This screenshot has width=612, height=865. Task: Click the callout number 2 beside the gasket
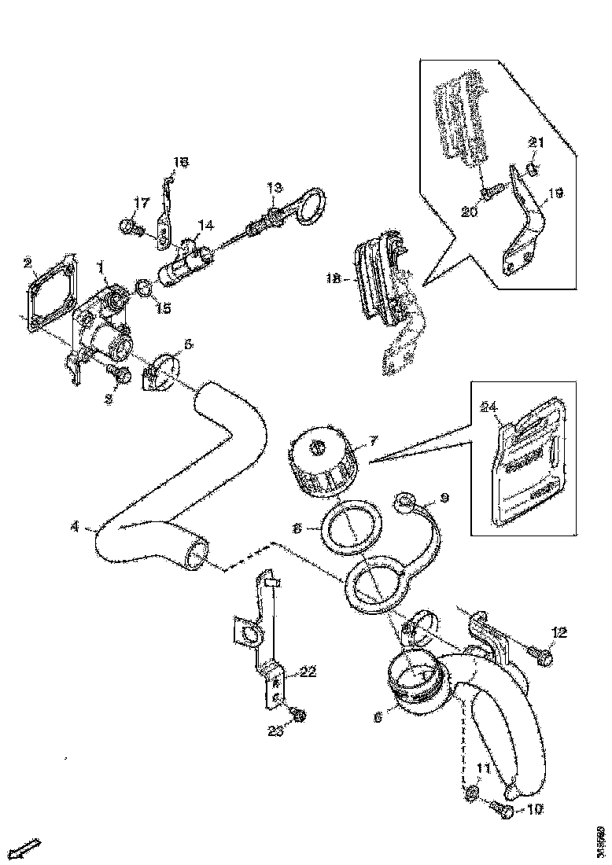(x=28, y=263)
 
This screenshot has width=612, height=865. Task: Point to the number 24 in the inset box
(x=488, y=407)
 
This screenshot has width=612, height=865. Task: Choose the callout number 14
(x=205, y=226)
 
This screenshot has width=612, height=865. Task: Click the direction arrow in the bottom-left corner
(x=29, y=848)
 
